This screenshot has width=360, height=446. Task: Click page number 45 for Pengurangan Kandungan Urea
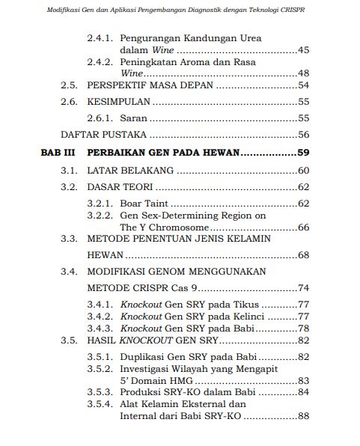tap(303, 50)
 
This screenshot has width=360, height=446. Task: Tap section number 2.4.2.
tap(101, 62)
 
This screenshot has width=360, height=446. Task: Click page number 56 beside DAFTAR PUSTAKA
tap(303, 135)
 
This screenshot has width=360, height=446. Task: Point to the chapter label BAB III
tap(56, 153)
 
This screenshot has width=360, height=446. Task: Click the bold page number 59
tap(303, 153)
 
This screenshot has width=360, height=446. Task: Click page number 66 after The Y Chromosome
tap(303, 227)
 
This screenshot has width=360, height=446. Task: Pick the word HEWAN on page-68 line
tap(105, 255)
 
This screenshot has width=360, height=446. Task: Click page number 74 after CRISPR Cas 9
tap(303, 288)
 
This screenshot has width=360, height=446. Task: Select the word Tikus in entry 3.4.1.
tap(242, 305)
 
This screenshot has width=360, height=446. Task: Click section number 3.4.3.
tap(101, 329)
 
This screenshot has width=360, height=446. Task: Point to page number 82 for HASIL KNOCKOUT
tap(303, 340)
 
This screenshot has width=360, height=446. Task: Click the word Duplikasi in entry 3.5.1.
tap(143, 356)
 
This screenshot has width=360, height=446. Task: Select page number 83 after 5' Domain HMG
tap(303, 380)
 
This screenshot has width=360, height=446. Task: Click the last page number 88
tap(303, 416)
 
